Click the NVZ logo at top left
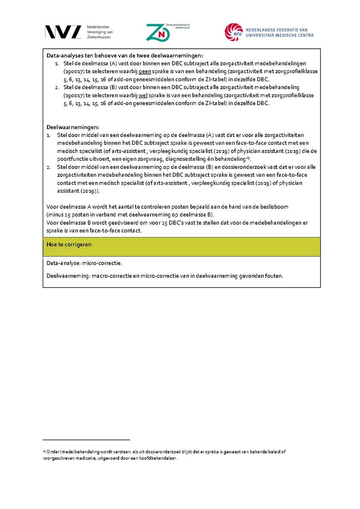[x=63, y=32]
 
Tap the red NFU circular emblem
[x=234, y=32]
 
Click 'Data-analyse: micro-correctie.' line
[x=84, y=263]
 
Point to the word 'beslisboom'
[x=274, y=207]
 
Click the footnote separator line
[x=86, y=440]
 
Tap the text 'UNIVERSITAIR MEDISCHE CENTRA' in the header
[x=280, y=36]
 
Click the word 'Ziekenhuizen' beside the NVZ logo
[x=99, y=37]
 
